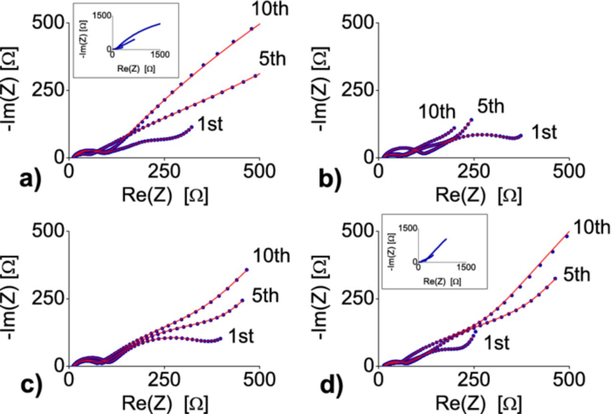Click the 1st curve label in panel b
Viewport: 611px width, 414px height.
point(544,132)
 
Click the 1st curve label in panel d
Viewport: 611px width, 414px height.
point(496,342)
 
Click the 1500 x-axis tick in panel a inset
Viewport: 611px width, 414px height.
point(159,55)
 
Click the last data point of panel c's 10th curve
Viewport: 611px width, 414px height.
point(247,270)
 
